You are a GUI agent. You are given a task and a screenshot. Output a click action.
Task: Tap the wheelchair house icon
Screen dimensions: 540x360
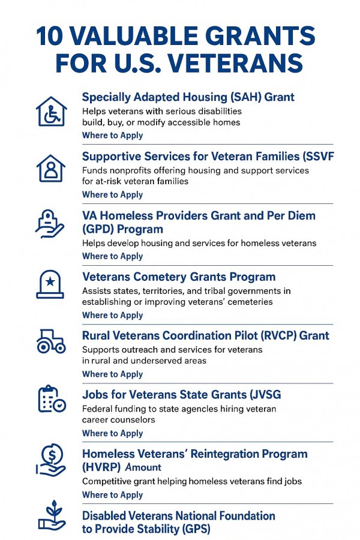pyautogui.click(x=52, y=112)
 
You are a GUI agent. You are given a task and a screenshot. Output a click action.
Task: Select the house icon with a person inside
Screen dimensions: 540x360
pyautogui.click(x=52, y=168)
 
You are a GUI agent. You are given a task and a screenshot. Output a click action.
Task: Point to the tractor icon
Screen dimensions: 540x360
pyautogui.click(x=52, y=341)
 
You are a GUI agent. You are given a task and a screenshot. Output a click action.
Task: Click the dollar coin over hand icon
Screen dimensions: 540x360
pyautogui.click(x=52, y=460)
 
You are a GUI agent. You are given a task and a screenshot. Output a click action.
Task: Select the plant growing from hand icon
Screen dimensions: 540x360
pyautogui.click(x=52, y=517)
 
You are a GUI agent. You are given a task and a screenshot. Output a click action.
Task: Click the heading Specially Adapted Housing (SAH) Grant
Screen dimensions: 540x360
pyautogui.click(x=188, y=97)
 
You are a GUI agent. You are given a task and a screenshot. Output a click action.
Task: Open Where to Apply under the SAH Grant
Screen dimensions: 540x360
pyautogui.click(x=112, y=136)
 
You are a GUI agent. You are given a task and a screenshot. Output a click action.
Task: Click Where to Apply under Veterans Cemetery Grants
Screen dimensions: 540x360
pyautogui.click(x=112, y=316)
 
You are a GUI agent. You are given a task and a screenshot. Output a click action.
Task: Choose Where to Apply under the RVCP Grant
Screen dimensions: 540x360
pyautogui.click(x=112, y=374)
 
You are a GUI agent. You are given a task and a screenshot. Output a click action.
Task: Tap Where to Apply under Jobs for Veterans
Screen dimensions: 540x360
pyautogui.click(x=112, y=433)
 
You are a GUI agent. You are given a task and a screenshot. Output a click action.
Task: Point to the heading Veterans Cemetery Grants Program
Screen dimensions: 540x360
pyautogui.click(x=179, y=277)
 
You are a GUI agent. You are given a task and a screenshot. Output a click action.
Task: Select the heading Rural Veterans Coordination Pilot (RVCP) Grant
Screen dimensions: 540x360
pyautogui.click(x=206, y=336)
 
